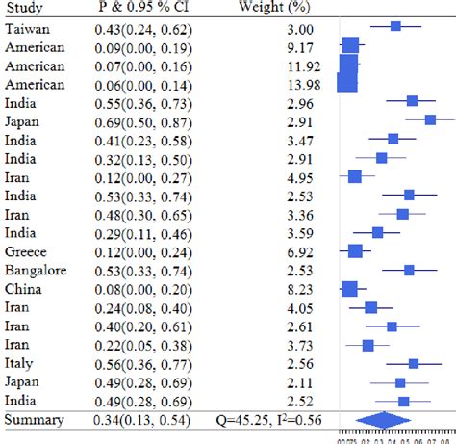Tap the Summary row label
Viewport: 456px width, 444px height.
click(34, 420)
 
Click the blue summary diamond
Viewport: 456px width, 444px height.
click(384, 420)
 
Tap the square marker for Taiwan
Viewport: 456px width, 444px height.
click(395, 26)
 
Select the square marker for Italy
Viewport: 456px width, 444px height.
click(414, 363)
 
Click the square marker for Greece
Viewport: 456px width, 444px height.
click(356, 251)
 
